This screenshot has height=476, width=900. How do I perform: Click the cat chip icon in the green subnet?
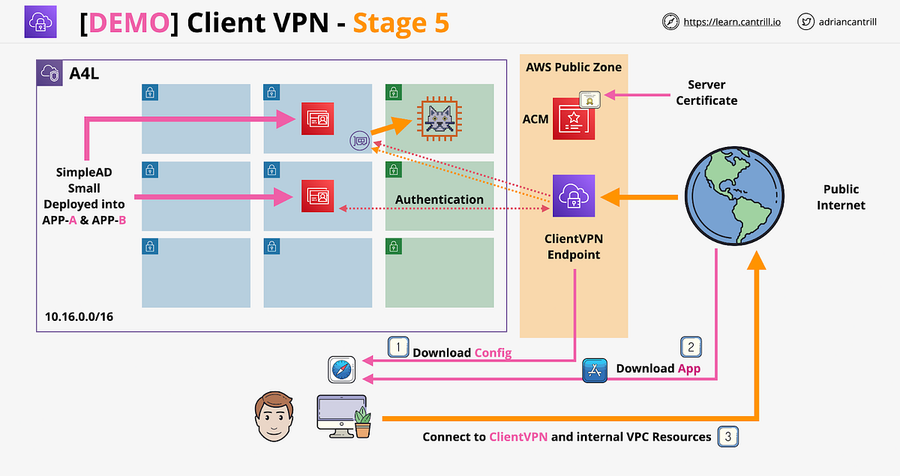tap(439, 118)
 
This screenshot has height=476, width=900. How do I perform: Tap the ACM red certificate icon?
tap(574, 118)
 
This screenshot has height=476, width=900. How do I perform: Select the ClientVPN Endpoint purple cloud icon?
tap(574, 196)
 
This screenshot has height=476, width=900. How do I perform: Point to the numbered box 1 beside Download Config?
tap(397, 347)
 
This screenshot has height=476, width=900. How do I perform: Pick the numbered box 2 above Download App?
tap(690, 347)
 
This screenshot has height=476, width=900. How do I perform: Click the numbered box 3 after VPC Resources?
tap(727, 436)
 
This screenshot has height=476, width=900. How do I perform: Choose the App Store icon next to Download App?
tap(595, 370)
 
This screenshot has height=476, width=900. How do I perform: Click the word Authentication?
tap(439, 199)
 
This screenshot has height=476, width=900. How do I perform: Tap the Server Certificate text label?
tap(706, 92)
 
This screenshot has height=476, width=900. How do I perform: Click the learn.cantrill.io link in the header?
tap(731, 22)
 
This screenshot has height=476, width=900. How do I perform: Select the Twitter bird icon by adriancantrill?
tap(806, 22)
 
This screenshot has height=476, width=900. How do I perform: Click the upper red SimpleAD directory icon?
tap(317, 119)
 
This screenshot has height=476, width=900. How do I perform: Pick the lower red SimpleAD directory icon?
tap(317, 196)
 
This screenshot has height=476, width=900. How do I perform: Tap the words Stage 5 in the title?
tap(401, 22)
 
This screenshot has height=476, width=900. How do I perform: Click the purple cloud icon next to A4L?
tap(50, 73)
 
